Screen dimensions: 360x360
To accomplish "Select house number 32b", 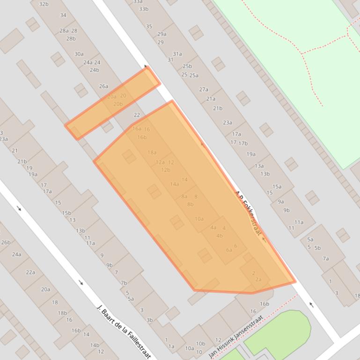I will (x=44, y=4).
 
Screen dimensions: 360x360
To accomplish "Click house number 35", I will (x=149, y=27).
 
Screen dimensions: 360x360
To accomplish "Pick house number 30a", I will (x=79, y=54).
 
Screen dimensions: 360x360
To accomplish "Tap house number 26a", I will (x=103, y=86).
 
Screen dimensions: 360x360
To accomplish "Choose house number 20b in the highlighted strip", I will (x=118, y=104).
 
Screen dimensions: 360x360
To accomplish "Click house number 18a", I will (x=152, y=152).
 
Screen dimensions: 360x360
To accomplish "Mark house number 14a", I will (x=175, y=184).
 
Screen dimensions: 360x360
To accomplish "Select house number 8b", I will (x=190, y=204).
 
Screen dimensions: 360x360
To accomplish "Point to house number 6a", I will (x=229, y=250).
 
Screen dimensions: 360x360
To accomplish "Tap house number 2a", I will (x=258, y=280).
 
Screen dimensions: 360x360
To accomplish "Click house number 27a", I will (x=203, y=89).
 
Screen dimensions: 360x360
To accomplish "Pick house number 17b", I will (x=242, y=144).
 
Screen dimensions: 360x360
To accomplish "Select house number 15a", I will (x=277, y=187).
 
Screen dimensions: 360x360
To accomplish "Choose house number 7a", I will (x=325, y=259).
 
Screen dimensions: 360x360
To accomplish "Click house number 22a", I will (x=30, y=272).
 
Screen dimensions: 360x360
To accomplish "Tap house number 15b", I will (x=66, y=213).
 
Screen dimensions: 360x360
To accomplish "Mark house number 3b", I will (x=149, y=320).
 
